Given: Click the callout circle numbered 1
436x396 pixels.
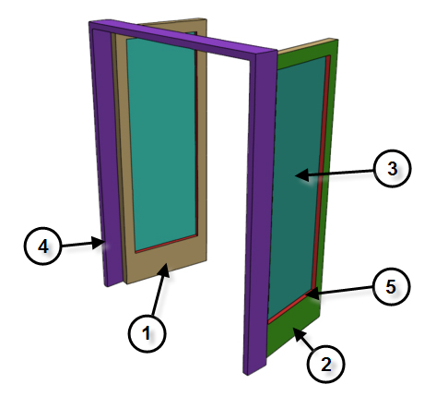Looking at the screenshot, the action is tap(147, 333).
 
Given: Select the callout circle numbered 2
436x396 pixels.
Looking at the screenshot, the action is tap(325, 364).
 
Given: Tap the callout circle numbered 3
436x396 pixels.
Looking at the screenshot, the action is tap(392, 168).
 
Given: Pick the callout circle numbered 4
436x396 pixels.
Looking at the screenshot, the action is tap(42, 246).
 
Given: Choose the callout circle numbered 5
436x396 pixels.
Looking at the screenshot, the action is tap(391, 286).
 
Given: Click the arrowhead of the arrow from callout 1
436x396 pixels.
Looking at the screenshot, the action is tap(164, 269).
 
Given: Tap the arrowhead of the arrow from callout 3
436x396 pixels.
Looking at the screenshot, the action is tap(301, 175).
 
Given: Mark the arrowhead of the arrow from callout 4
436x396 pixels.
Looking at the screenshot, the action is tap(99, 243).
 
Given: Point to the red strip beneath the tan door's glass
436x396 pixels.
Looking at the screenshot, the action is tap(166, 244).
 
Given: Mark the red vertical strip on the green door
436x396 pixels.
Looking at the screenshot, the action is tap(321, 173).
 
